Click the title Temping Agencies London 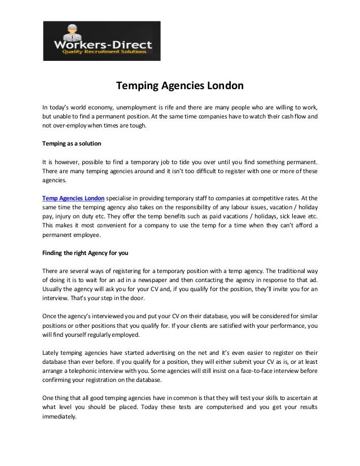pos(179,87)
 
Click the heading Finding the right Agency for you pos(85,252)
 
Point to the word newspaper pos(160,279)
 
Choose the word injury pos(63,217)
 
